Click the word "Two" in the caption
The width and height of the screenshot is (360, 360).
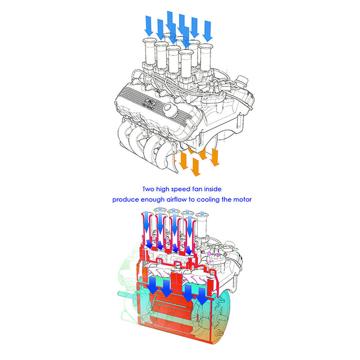[148, 189]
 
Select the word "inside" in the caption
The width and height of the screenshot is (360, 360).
[213, 189]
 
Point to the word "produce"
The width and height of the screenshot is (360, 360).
[125, 200]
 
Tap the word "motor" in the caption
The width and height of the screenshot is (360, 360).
[242, 200]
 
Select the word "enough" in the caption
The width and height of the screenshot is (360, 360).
[153, 200]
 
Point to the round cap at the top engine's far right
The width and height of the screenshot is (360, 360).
[242, 81]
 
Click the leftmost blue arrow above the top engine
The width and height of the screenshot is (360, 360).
[149, 26]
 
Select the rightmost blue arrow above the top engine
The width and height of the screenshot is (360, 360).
[208, 31]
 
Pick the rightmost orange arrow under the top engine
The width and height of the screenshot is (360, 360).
[214, 157]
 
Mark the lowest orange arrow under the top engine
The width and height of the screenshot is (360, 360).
[195, 167]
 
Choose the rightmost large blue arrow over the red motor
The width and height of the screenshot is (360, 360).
[202, 297]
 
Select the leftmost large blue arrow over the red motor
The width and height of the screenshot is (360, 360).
[152, 285]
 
